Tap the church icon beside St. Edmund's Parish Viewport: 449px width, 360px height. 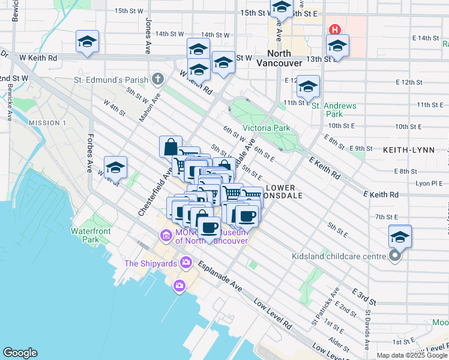[x=157, y=79]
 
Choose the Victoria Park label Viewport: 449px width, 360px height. [x=266, y=128]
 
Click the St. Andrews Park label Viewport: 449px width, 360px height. [x=334, y=110]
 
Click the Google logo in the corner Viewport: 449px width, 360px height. [x=20, y=353]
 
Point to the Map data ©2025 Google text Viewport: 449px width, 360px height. [x=412, y=355]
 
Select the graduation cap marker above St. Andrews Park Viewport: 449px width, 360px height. [x=308, y=88]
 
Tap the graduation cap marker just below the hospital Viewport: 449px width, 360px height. [x=337, y=46]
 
